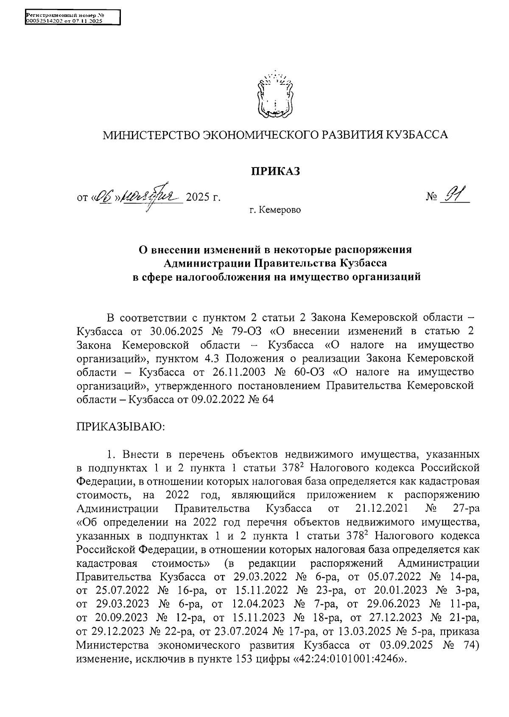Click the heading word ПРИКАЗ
[276, 171]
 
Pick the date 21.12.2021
[380, 508]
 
